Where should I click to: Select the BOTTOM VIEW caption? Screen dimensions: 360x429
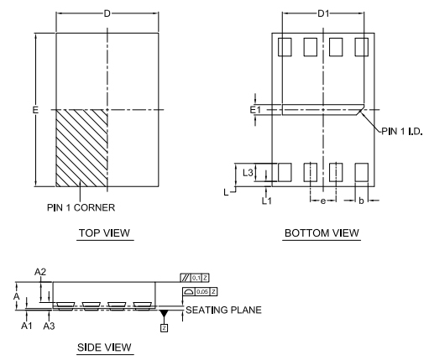point(322,232)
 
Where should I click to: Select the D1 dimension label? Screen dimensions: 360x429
point(323,13)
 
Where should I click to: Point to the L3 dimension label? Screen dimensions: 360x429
point(248,172)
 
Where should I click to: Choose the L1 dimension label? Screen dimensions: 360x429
point(267,201)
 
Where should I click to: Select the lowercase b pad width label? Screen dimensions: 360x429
point(362,201)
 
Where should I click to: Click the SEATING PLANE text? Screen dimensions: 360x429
point(223,310)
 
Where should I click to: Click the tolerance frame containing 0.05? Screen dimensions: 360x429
point(201,291)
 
